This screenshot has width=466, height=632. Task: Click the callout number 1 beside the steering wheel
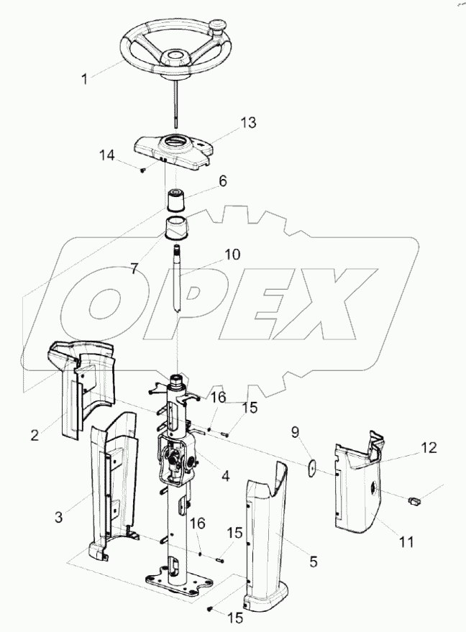click(84, 79)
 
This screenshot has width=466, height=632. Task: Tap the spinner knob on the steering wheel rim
click(219, 26)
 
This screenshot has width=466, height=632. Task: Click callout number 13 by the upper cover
click(249, 122)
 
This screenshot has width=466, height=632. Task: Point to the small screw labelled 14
click(142, 171)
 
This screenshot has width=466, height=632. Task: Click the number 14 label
click(107, 155)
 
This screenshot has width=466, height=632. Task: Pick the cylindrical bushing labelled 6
click(176, 200)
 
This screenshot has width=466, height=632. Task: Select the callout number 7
click(134, 268)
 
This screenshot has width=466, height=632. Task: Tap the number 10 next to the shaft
click(232, 255)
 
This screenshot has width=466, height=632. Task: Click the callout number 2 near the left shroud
click(35, 435)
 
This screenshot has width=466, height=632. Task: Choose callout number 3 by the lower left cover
click(59, 517)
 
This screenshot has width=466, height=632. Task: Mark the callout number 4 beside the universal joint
click(225, 476)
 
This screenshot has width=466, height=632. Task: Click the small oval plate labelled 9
click(311, 468)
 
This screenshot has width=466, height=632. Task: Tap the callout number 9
click(296, 434)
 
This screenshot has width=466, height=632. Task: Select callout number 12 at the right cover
click(429, 447)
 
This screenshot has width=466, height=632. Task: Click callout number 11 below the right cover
click(406, 542)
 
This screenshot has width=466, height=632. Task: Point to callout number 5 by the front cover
click(314, 562)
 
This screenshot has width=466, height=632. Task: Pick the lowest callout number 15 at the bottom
click(235, 618)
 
